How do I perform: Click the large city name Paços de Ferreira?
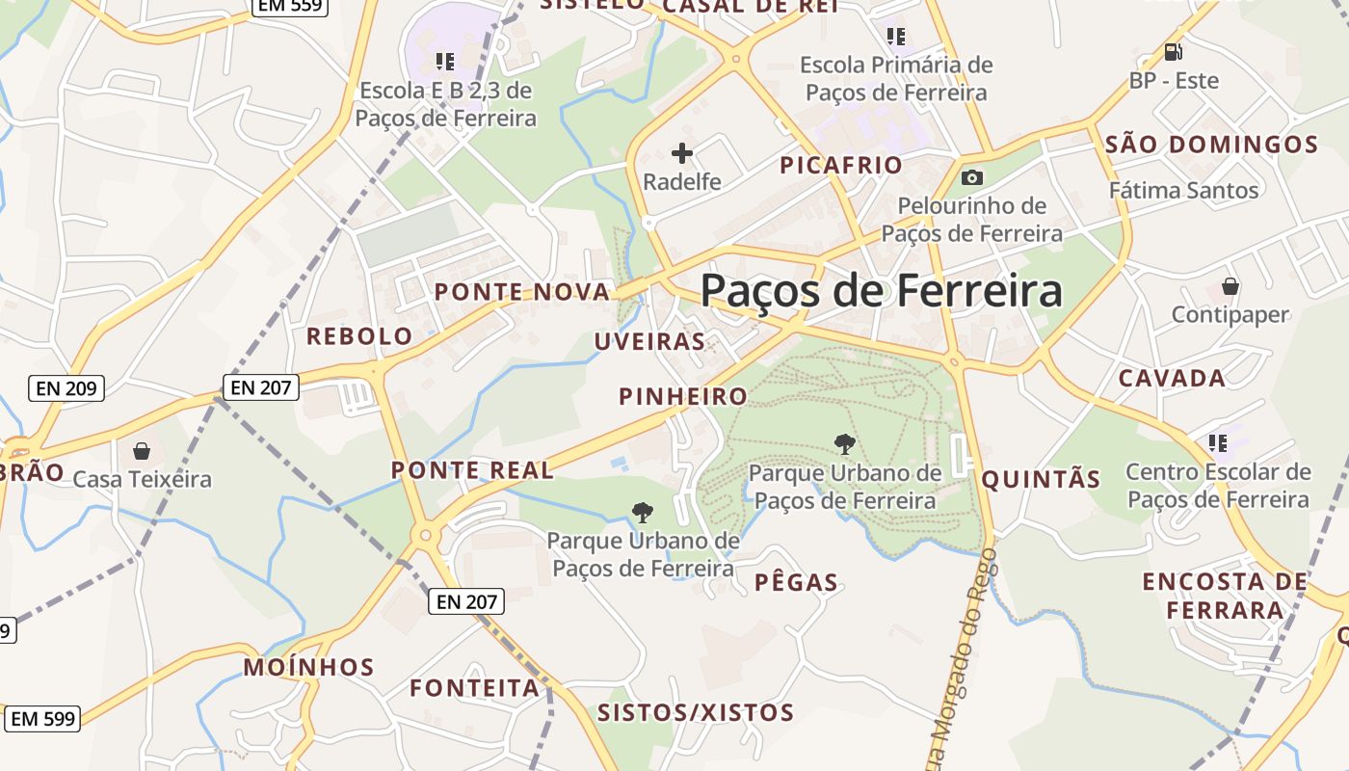881,290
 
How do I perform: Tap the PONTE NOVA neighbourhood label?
522,292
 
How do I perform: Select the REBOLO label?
359,336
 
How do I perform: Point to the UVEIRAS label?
649,341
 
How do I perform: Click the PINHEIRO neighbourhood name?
683,396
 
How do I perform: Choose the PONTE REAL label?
472,470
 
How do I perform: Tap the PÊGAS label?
796,582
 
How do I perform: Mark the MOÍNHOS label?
308,667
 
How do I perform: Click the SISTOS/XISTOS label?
696,712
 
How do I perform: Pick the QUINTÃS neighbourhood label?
1041,479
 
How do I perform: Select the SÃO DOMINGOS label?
1211,146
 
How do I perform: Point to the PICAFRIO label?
841,165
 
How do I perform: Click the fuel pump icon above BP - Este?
1173,52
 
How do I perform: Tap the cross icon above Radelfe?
682,152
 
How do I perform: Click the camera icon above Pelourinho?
971,177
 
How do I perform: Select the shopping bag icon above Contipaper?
1230,286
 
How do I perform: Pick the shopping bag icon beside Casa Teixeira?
142,451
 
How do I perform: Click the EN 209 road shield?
66,388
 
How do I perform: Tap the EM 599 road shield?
44,719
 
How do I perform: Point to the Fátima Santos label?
1183,190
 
